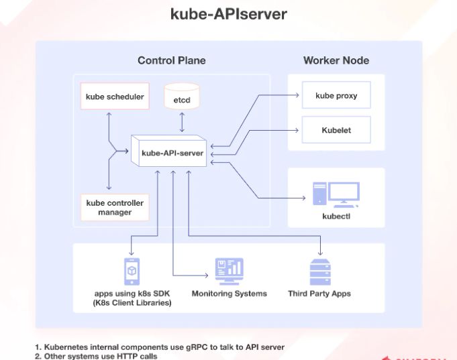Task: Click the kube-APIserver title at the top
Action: [228, 14]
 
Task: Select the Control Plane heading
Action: [171, 60]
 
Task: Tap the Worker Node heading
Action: [336, 60]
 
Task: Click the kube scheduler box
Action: [115, 97]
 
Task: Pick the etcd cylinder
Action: [182, 97]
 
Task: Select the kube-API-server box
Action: [172, 153]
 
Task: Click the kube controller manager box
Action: [115, 208]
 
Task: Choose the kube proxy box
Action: [336, 96]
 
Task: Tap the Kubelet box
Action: [336, 130]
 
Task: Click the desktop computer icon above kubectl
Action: [336, 194]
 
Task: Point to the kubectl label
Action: [336, 217]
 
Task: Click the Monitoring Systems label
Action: [229, 294]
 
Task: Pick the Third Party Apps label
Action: [319, 294]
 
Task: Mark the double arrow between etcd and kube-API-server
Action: [182, 123]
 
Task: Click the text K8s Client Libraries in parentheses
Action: [132, 303]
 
